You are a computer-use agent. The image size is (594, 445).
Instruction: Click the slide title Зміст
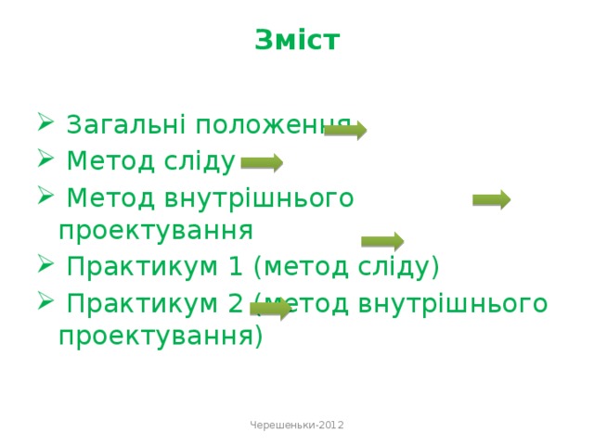(296, 41)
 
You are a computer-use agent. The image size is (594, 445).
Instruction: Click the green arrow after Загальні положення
(345, 130)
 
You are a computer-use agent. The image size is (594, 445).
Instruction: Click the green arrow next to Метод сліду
(262, 164)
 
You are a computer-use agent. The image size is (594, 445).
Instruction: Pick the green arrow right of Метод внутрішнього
(491, 199)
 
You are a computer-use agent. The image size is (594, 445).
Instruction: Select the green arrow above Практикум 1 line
(381, 242)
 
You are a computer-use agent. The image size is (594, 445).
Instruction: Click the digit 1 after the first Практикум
(237, 267)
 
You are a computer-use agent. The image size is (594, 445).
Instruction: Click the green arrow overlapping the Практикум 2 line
(271, 309)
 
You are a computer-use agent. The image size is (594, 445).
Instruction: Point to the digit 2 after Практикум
(237, 303)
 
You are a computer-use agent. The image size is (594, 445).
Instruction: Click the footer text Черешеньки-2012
(297, 424)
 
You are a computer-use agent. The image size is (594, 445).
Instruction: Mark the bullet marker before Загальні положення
(45, 124)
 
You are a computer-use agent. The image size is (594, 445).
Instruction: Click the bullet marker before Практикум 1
(45, 267)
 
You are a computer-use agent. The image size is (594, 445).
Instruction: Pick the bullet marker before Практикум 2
(45, 303)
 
